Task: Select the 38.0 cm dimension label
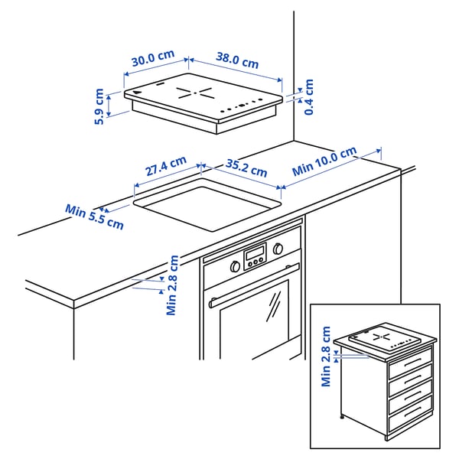tap(236, 60)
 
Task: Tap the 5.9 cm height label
tap(99, 107)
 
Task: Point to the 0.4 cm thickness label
tap(309, 97)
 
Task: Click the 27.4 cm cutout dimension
tap(165, 165)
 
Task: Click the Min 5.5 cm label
tap(94, 216)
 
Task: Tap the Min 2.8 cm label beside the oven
tap(173, 285)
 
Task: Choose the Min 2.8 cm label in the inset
tap(327, 357)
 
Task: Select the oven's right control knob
tap(278, 249)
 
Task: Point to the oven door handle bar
tap(252, 286)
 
